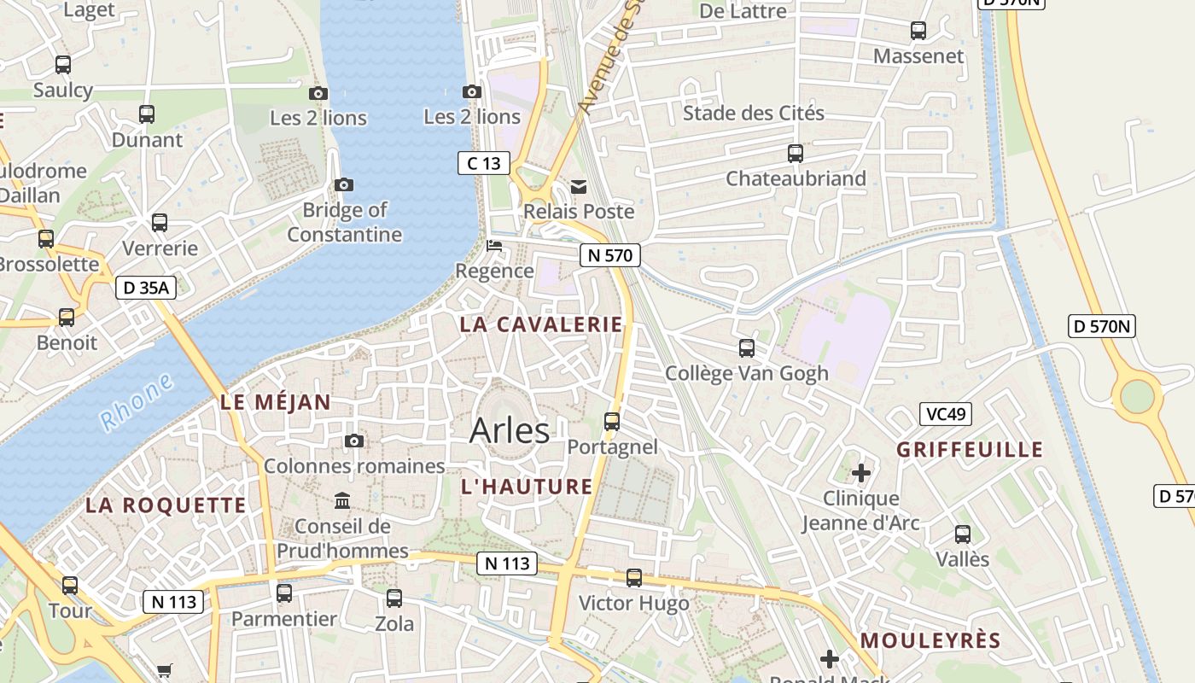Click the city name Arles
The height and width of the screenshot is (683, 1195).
pyautogui.click(x=510, y=430)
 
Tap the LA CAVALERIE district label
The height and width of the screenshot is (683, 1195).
pyautogui.click(x=541, y=324)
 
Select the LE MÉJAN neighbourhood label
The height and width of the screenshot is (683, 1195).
pyautogui.click(x=275, y=403)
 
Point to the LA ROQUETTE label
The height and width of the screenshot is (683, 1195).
pyautogui.click(x=166, y=505)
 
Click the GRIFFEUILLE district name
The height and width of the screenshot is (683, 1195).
pyautogui.click(x=970, y=450)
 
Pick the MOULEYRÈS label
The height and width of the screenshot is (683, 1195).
pyautogui.click(x=930, y=640)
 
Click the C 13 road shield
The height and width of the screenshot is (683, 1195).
pyautogui.click(x=484, y=163)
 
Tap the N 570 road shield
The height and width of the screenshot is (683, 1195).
pyautogui.click(x=609, y=254)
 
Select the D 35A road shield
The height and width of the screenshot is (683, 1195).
pyautogui.click(x=146, y=288)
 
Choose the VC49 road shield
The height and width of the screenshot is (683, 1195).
pyautogui.click(x=946, y=414)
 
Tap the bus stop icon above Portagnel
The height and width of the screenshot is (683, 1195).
pyautogui.click(x=612, y=421)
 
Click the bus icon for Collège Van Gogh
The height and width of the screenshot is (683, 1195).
pyautogui.click(x=747, y=347)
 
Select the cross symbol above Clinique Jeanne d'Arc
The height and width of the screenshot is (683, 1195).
pyautogui.click(x=861, y=472)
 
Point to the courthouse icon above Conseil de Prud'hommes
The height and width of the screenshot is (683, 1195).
pyautogui.click(x=342, y=500)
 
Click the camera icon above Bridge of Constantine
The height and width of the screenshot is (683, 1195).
pyautogui.click(x=344, y=184)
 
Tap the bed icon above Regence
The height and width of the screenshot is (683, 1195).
pyautogui.click(x=494, y=247)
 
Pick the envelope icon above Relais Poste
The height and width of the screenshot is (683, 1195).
pyautogui.click(x=579, y=186)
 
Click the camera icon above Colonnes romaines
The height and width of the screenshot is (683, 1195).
pyautogui.click(x=354, y=441)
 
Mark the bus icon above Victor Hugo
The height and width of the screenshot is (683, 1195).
pyautogui.click(x=634, y=578)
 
